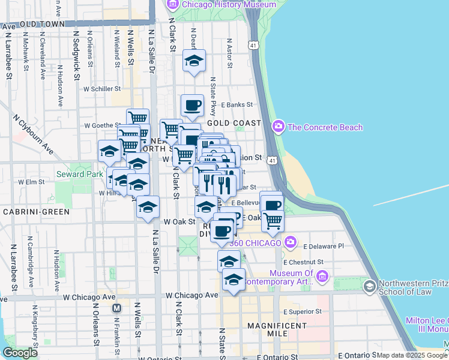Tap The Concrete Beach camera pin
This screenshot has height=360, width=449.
pos(278,127)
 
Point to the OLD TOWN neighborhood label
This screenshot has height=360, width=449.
pos(42,25)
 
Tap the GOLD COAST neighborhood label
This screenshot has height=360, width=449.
pos(235,122)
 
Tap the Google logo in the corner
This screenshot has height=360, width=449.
pos(20,353)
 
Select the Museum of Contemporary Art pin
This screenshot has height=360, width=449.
pos(322,276)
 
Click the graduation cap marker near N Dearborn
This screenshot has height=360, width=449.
pos(194,61)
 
